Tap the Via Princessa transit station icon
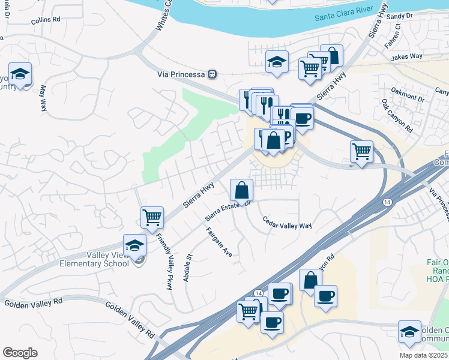(212, 74)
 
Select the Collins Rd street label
(46, 20)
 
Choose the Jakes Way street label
(407, 57)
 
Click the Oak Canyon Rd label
(397, 116)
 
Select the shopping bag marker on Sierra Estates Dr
(241, 191)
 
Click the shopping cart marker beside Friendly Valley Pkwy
(152, 217)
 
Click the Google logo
(20, 353)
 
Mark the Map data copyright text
(424, 355)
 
